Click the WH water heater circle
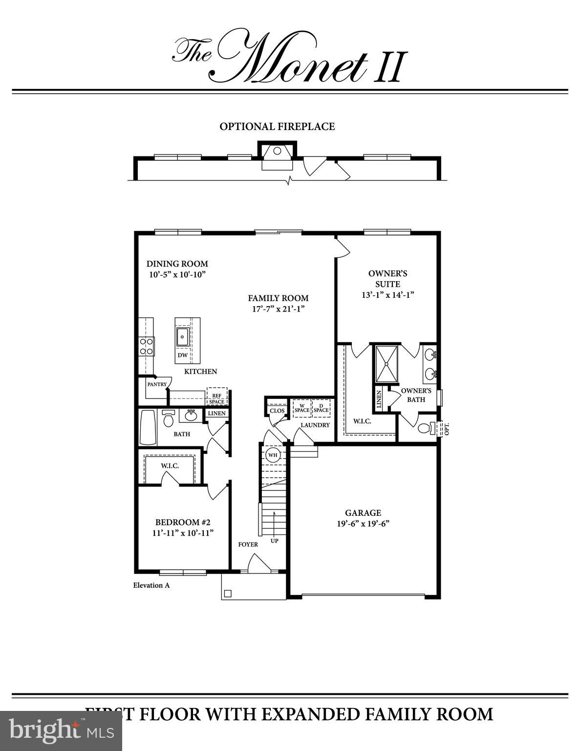(x=273, y=455)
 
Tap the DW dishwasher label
(x=182, y=355)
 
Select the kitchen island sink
(x=183, y=336)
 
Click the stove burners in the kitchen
(x=147, y=346)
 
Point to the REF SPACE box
(x=216, y=398)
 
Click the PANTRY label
(x=157, y=384)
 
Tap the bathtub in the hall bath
(x=148, y=427)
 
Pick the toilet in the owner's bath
(x=424, y=428)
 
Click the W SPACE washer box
(x=301, y=408)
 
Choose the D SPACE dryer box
(x=321, y=408)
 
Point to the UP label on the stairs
(x=275, y=541)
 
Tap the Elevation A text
(x=151, y=585)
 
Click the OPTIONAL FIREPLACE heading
(x=277, y=127)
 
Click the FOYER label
(x=248, y=544)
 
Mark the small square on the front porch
(x=227, y=594)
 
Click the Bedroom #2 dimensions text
(x=183, y=533)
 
